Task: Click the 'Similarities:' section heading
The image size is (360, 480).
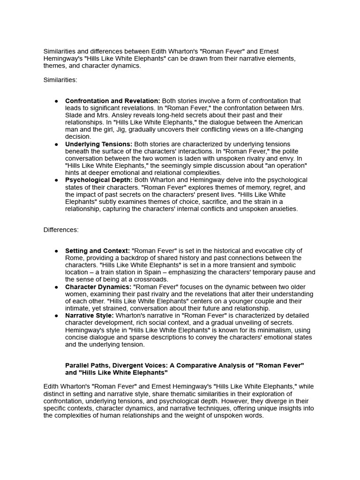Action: [x=60, y=80]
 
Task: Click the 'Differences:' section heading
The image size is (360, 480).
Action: [x=61, y=230]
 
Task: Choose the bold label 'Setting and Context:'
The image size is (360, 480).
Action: [x=97, y=251]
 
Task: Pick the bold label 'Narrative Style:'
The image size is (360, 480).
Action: [x=90, y=315]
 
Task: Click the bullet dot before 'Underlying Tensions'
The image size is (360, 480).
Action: [x=56, y=144]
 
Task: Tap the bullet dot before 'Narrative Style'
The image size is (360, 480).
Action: [x=56, y=316]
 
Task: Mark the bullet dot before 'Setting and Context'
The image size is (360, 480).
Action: [x=56, y=251]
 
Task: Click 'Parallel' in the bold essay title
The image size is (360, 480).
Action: [x=77, y=366]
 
